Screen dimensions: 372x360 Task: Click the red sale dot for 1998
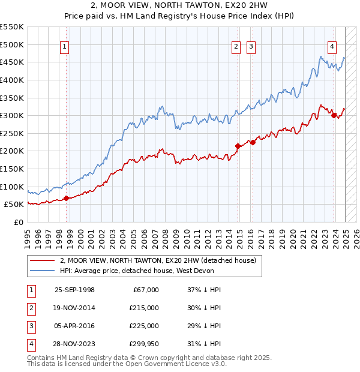point(66,198)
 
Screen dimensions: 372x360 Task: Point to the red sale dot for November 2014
point(238,146)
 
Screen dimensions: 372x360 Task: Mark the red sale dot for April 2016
point(253,142)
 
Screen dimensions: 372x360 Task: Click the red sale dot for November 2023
point(334,116)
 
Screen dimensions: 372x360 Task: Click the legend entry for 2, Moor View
point(158,260)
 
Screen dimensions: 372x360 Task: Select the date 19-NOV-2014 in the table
point(74,308)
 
